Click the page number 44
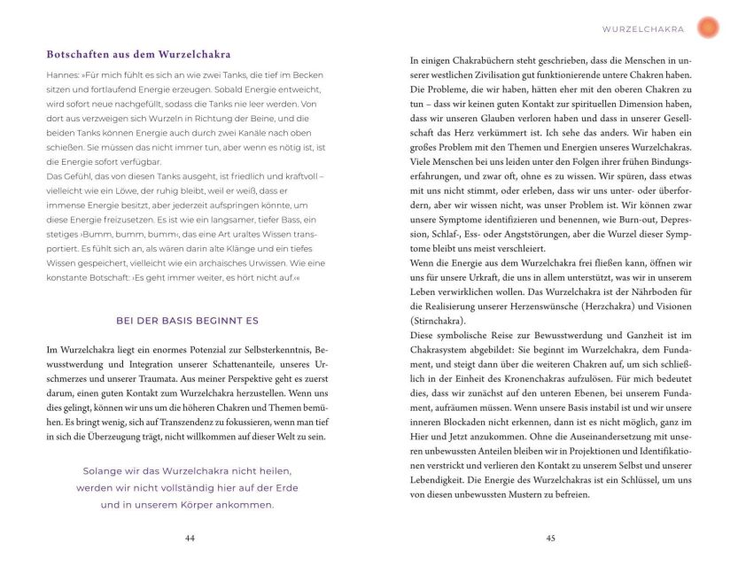click(190, 538)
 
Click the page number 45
click(550, 538)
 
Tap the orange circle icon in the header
click(708, 27)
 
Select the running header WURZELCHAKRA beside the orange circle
click(643, 28)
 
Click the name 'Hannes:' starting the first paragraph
click(64, 75)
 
